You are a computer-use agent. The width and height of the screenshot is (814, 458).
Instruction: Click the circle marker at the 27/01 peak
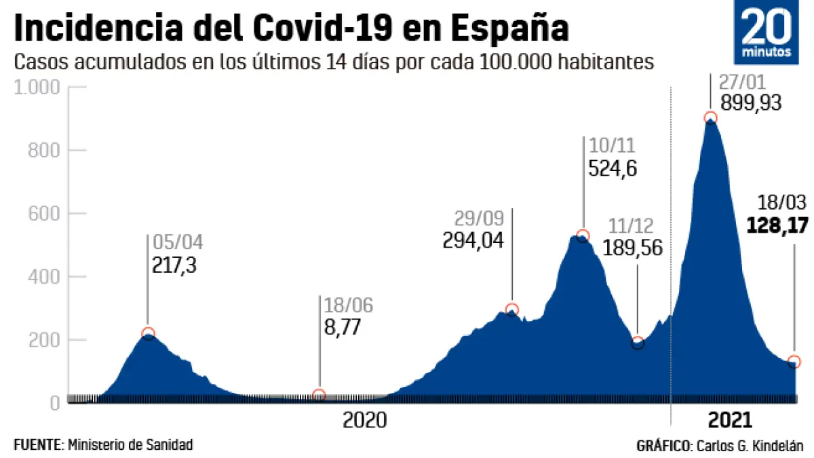tap(710, 118)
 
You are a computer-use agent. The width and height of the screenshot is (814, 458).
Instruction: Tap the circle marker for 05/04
tap(149, 332)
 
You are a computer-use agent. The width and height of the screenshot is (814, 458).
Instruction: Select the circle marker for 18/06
tap(319, 395)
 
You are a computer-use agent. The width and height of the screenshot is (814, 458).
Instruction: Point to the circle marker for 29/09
tap(512, 309)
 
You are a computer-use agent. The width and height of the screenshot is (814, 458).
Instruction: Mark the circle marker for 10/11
tap(583, 235)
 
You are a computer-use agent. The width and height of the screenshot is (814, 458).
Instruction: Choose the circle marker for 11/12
tap(638, 342)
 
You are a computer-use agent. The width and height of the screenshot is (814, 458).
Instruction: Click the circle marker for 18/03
tap(794, 361)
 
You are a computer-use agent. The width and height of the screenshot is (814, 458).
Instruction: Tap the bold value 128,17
tap(777, 225)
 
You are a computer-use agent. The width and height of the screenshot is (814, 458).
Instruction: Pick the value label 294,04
tap(473, 240)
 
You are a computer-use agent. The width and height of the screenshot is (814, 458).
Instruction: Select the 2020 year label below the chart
tap(364, 420)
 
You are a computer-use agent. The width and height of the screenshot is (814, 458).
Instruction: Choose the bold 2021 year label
tap(729, 420)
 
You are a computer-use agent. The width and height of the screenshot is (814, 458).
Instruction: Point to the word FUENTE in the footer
tap(37, 445)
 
